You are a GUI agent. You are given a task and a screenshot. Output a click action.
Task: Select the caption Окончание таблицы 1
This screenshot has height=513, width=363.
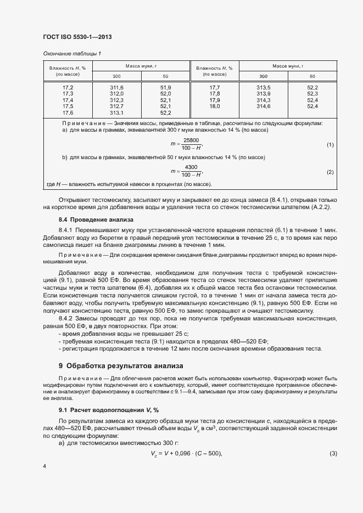click(72, 54)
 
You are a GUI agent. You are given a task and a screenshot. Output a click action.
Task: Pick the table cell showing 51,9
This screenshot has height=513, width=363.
click(165, 88)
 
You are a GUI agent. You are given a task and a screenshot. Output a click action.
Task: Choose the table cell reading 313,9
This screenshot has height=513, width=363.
click(264, 94)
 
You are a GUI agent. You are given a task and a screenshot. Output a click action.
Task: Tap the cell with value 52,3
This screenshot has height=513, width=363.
click(312, 94)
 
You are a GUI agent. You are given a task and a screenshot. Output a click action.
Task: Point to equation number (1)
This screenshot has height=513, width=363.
click(330, 144)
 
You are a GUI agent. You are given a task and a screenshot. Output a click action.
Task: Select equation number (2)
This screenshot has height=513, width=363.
click(330, 172)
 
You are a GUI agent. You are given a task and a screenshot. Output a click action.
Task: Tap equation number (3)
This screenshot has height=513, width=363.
click(333, 453)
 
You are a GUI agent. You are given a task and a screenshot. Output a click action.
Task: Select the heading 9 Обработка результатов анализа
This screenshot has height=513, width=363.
click(121, 365)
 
